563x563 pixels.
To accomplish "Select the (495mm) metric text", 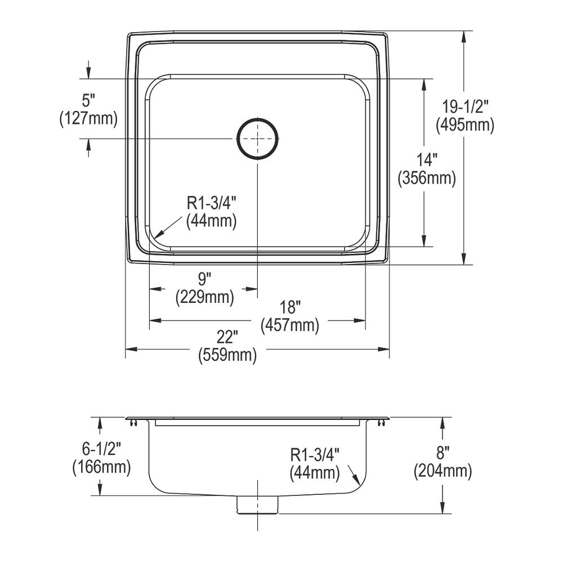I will [465, 124].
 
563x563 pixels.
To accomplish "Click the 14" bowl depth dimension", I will [427, 160].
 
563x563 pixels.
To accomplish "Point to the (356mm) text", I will [427, 178].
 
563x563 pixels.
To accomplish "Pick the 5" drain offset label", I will [88, 101].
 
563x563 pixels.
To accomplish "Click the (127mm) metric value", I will [88, 119].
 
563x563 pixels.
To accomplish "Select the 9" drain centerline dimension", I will [204, 279].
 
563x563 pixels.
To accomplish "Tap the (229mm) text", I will [204, 297].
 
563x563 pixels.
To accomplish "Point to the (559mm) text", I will [227, 356].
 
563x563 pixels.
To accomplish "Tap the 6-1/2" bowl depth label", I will [101, 449].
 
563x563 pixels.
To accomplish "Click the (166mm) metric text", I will [101, 467].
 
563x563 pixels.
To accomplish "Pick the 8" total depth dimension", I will [443, 453].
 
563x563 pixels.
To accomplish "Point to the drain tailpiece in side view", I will [258, 505].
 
